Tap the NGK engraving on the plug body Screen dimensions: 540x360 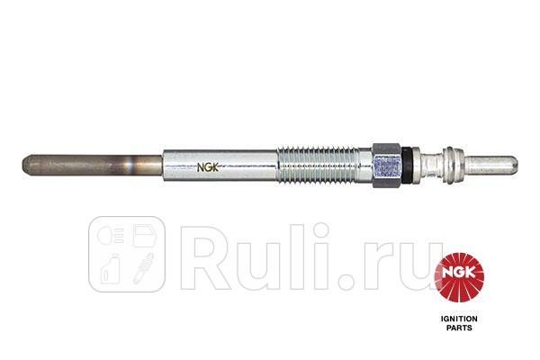click(x=208, y=167)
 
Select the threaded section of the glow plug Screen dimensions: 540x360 click(x=324, y=164)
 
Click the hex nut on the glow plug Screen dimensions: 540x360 click(x=387, y=165)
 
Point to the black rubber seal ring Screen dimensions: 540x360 click(x=407, y=165)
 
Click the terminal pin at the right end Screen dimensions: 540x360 click(x=491, y=165)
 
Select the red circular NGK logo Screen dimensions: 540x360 click(x=459, y=278)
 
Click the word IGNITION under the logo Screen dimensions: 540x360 click(x=459, y=319)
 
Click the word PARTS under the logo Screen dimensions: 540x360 click(x=459, y=328)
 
